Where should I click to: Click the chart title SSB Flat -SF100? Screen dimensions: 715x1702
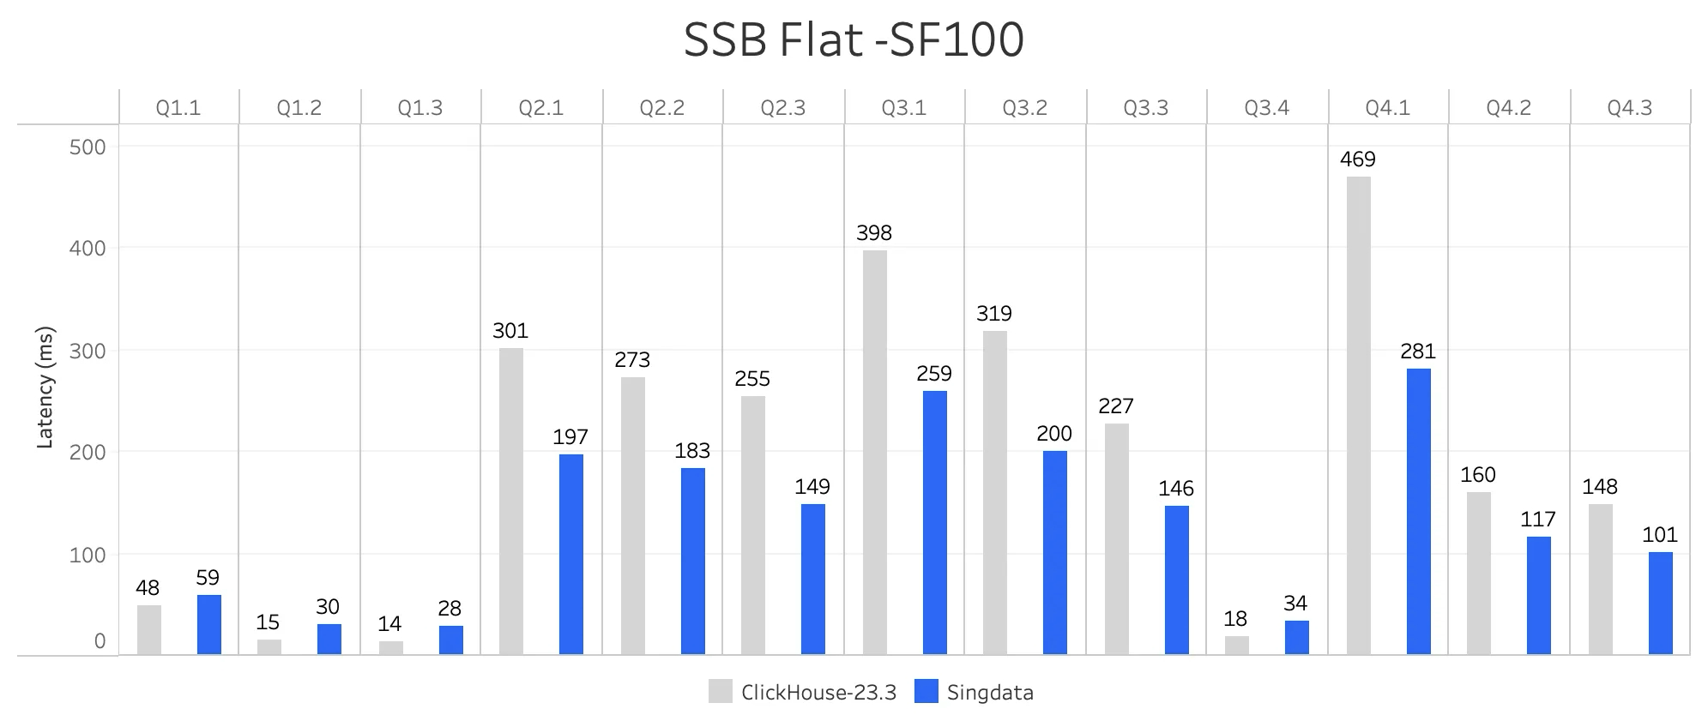853,39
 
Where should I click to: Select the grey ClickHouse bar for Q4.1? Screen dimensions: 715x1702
1358,415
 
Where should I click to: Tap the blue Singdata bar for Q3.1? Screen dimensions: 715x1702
934,522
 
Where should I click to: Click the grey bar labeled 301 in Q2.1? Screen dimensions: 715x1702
510,501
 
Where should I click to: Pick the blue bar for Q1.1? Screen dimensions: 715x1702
208,624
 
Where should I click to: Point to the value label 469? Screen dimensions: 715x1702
1357,159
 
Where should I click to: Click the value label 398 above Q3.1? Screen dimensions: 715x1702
874,233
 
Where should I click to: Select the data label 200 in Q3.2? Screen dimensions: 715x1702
1054,434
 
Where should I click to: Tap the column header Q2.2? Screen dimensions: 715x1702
661,108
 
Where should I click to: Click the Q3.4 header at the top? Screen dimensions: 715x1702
1266,108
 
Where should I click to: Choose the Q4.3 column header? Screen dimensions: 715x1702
1629,108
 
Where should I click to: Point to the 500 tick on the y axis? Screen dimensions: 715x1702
88,147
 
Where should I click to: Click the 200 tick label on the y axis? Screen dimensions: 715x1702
88,452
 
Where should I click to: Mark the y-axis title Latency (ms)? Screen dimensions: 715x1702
45,388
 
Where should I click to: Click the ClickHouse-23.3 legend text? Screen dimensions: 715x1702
818,693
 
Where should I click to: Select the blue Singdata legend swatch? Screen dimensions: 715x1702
926,691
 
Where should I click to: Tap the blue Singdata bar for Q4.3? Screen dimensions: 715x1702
1660,603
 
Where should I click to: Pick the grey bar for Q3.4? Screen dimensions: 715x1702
1236,645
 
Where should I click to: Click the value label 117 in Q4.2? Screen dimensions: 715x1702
1537,520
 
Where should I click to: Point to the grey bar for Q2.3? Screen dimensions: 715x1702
752,525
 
